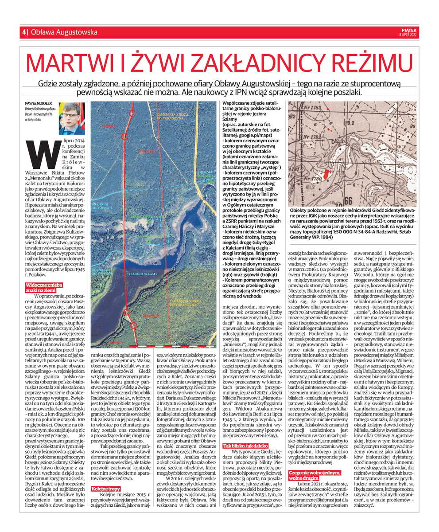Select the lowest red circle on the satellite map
132,325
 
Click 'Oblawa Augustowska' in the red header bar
65,32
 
